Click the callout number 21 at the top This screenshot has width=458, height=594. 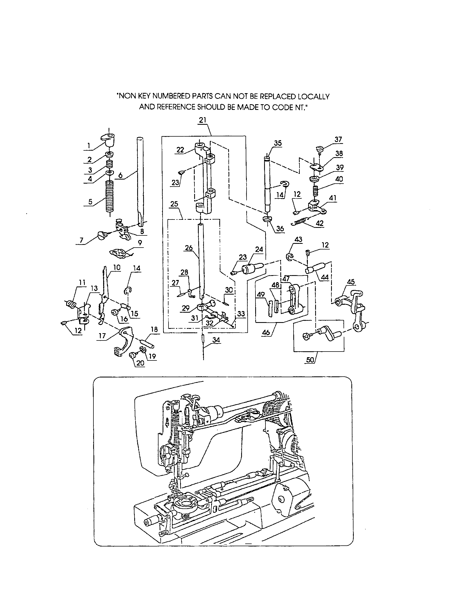[x=203, y=120]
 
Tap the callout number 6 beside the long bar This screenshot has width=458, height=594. [x=120, y=175]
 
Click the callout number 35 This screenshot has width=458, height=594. [x=278, y=143]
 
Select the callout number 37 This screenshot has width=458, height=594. [x=338, y=140]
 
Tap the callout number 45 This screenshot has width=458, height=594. [x=351, y=282]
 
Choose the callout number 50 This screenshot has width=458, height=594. [x=310, y=360]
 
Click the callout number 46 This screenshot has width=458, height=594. [x=267, y=332]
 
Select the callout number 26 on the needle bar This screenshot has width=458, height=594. [x=189, y=248]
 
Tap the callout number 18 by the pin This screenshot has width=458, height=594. [x=154, y=329]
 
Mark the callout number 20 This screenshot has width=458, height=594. [x=140, y=363]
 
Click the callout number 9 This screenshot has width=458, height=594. [x=140, y=243]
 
